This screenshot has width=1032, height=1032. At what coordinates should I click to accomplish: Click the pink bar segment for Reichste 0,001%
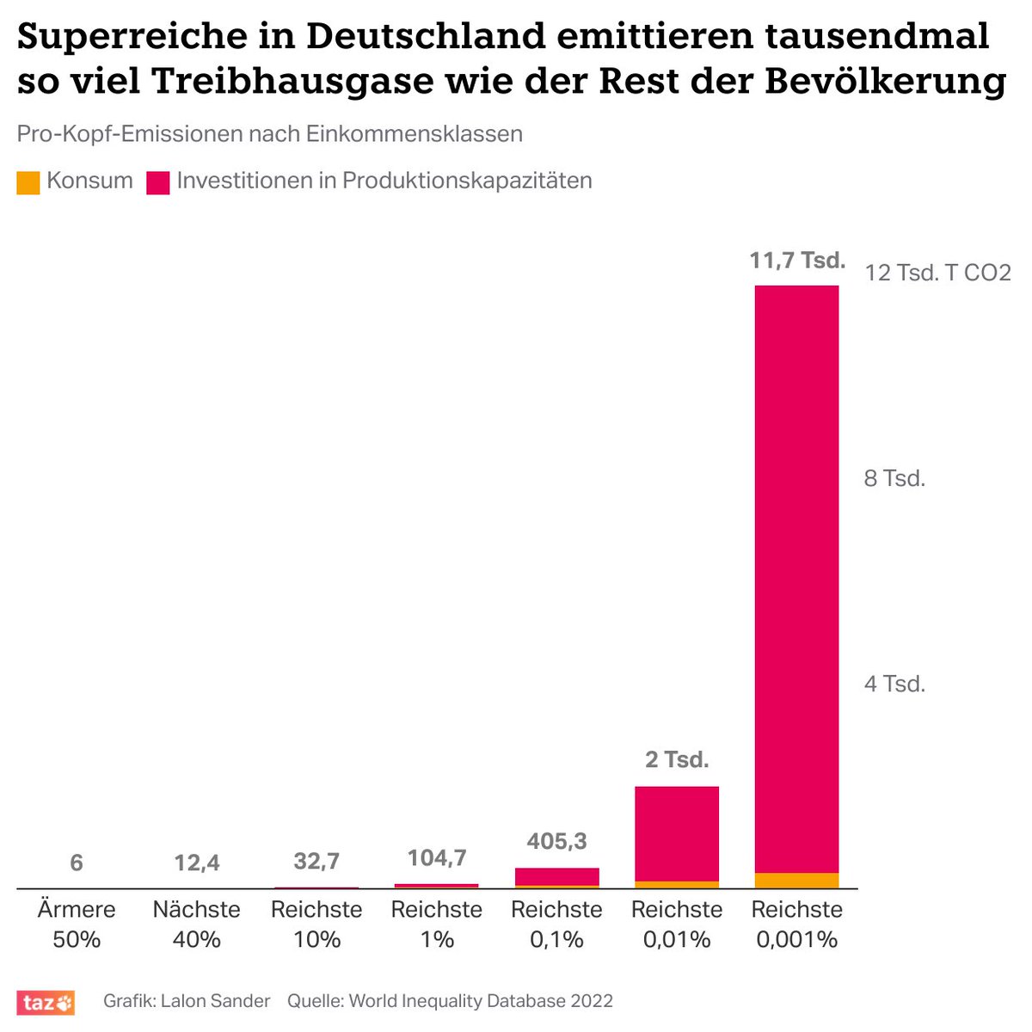point(796,576)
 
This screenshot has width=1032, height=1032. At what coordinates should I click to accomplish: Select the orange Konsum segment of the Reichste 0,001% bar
point(796,880)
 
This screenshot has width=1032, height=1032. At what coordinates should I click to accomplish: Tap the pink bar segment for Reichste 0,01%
point(677,832)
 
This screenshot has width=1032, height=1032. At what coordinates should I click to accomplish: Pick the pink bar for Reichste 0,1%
point(557,875)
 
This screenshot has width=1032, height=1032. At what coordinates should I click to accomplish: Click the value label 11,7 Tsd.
point(797,260)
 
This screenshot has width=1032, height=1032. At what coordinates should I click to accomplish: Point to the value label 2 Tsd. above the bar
point(677,760)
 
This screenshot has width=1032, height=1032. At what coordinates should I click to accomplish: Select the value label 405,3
point(557,840)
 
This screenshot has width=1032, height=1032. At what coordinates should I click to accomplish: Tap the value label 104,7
point(437,857)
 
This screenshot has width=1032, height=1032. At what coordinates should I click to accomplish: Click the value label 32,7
point(316,861)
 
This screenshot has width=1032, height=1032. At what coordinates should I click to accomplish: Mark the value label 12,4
point(197,862)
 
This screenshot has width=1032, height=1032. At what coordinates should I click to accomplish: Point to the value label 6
point(77,862)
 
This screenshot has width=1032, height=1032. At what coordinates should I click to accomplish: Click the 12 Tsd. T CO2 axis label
point(937,273)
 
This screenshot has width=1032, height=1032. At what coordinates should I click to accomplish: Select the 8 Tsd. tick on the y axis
point(894,478)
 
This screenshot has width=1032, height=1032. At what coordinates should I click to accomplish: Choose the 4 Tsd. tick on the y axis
point(894,685)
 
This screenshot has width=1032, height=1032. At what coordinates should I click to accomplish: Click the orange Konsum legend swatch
point(28,182)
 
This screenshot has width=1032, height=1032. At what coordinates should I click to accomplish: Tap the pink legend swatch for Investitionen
point(157,182)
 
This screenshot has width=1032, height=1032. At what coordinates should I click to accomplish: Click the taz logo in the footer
point(46,1002)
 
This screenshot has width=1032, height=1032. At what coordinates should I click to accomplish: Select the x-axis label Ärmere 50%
point(77,924)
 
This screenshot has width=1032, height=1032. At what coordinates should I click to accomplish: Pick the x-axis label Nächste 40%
point(197,924)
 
